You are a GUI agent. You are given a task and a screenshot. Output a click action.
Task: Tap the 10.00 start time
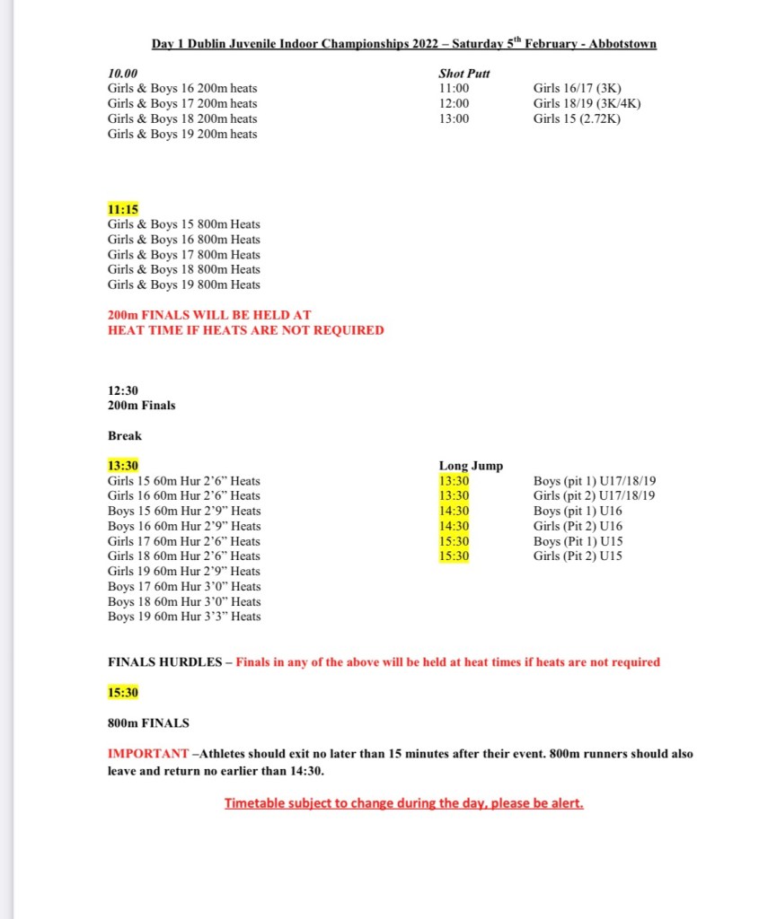coord(123,73)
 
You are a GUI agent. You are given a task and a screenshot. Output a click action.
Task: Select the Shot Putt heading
coord(464,73)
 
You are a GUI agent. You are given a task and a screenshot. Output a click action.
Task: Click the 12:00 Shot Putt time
coord(454,103)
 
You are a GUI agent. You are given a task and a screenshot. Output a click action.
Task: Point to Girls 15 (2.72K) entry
coord(577,118)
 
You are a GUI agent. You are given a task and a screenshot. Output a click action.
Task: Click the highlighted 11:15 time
coord(123,209)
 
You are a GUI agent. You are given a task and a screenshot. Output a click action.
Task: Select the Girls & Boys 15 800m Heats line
coord(184,224)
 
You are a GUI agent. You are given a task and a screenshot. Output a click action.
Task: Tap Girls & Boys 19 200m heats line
coord(182,134)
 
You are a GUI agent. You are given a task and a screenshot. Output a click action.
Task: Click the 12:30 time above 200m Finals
coord(123,390)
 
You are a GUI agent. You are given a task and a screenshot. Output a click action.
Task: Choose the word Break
coord(125,435)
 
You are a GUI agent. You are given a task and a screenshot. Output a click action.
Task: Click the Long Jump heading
coord(471,466)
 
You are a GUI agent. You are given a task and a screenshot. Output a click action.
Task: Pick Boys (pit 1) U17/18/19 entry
coord(595,481)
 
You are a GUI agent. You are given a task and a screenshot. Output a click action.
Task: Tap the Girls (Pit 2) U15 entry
coord(578,556)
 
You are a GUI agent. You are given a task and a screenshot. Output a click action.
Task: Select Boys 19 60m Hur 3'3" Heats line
coord(184,617)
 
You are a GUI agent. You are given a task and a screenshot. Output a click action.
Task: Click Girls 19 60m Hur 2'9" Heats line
coord(184,571)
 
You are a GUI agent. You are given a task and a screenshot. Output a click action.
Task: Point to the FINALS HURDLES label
coord(164,662)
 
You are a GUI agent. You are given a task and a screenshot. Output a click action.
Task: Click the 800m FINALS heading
coord(148,722)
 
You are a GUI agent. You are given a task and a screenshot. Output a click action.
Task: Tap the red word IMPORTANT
coord(148,754)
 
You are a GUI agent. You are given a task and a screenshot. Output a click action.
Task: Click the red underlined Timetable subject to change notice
coord(403,803)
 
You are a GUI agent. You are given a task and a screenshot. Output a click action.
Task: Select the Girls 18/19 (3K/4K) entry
coord(587,103)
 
